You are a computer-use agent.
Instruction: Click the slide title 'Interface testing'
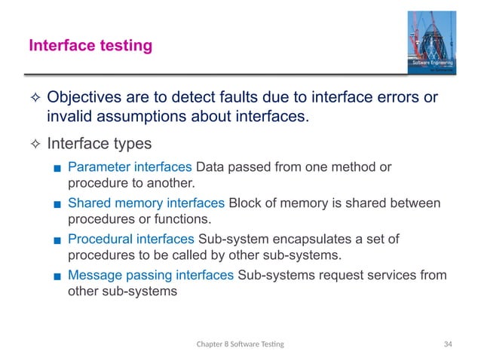point(90,47)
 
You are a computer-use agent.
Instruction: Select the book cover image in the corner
point(431,43)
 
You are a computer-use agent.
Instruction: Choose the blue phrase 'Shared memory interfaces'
point(146,203)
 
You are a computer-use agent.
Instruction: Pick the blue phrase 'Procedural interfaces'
point(130,239)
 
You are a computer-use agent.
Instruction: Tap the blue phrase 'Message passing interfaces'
point(150,275)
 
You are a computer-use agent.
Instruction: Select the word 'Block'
point(244,203)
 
